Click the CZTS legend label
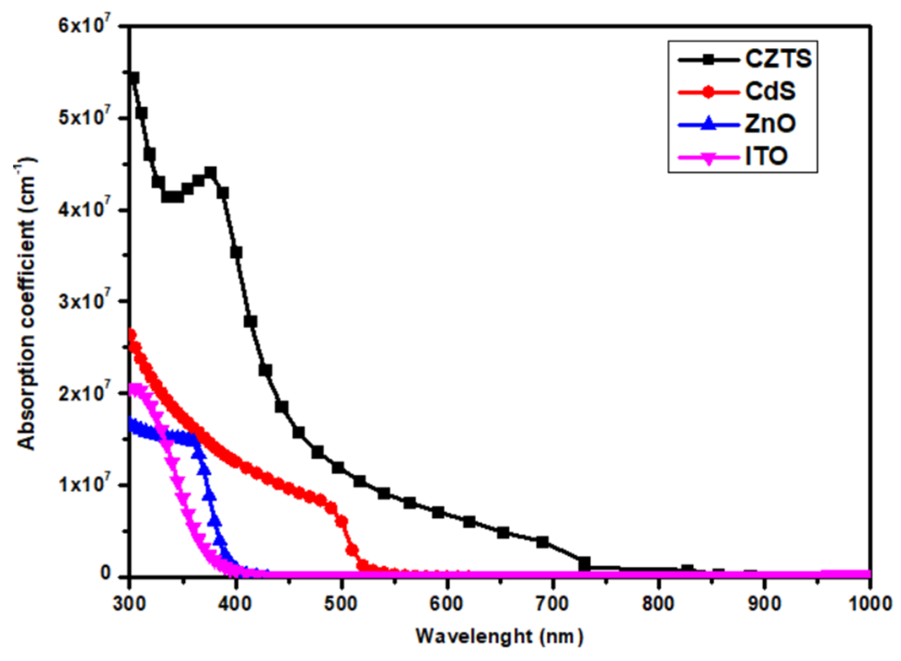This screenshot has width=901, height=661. (x=778, y=59)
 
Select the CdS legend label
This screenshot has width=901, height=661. (x=770, y=91)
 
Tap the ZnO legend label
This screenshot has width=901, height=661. (x=770, y=124)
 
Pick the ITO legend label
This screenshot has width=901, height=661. (x=766, y=156)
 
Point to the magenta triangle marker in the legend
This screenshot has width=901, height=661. (x=708, y=158)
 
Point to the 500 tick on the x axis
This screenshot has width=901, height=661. (x=341, y=603)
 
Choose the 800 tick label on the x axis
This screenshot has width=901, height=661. (x=658, y=603)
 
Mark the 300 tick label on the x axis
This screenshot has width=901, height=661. (x=130, y=603)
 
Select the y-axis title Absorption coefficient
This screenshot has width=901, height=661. (x=26, y=303)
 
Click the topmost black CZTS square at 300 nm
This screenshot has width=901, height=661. (x=133, y=78)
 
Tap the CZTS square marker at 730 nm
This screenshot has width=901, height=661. (x=584, y=564)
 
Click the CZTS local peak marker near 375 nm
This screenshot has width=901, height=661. (x=210, y=173)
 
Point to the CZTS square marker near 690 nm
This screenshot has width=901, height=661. (x=543, y=542)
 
